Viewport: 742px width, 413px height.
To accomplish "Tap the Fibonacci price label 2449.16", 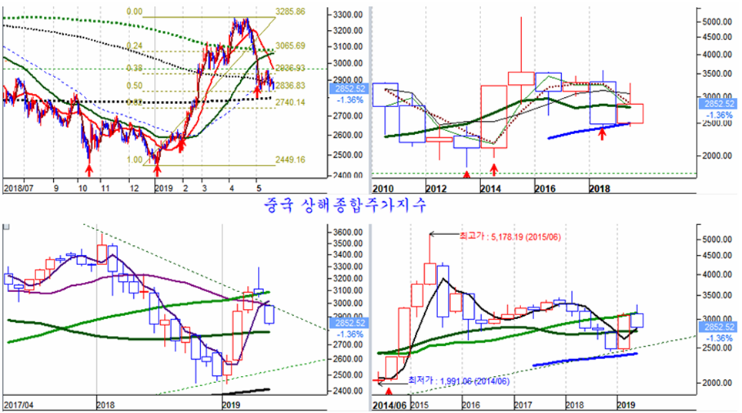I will (x=290, y=160).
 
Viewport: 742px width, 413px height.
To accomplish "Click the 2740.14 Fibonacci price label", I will (x=290, y=102).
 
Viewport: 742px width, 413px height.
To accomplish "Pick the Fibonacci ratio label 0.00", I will (x=134, y=12).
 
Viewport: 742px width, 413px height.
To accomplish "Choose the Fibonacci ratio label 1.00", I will (x=134, y=160).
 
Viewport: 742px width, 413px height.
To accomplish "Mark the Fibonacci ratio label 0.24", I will (x=134, y=46).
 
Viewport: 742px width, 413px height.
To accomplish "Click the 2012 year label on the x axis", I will (x=438, y=188).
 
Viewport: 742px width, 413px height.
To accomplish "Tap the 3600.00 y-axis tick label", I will (x=346, y=232).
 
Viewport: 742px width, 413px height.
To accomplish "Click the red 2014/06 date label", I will (x=389, y=403).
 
